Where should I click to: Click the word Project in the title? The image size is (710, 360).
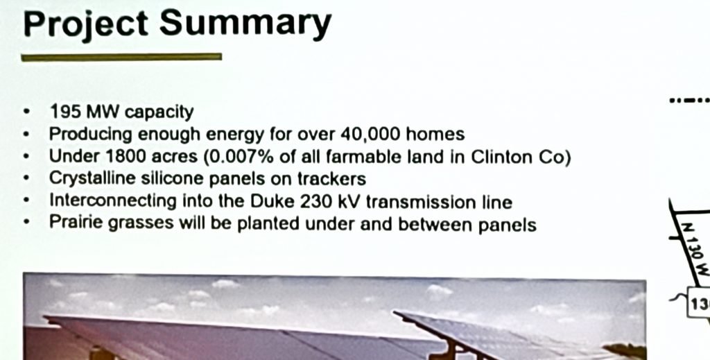(85, 25)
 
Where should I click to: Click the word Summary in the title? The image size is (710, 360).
(245, 25)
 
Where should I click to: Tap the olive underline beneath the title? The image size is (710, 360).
(121, 57)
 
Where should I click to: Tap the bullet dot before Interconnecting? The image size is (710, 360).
(27, 200)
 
